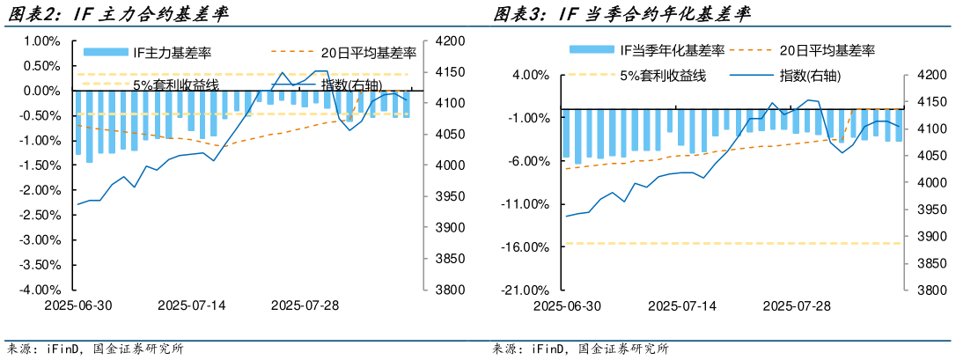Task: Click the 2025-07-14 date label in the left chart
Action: [x=192, y=305]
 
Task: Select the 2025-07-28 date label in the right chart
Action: [x=796, y=305]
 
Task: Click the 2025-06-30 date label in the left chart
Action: [x=78, y=305]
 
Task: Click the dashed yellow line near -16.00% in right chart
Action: [x=731, y=243]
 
